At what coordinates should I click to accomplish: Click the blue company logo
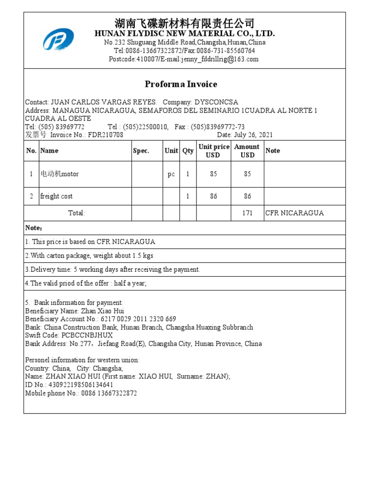tap(58, 40)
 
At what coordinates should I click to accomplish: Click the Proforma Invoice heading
tap(181, 84)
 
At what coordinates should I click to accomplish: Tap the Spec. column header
tap(141, 151)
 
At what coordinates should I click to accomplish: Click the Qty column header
tap(188, 151)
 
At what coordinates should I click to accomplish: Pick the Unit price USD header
tap(214, 151)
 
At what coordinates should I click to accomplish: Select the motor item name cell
tap(60, 174)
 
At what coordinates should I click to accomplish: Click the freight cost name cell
tap(56, 196)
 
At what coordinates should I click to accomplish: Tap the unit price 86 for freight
tap(214, 196)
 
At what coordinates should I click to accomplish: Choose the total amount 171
tap(247, 213)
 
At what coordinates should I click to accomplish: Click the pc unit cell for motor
tap(171, 174)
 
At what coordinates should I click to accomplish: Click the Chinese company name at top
tap(184, 23)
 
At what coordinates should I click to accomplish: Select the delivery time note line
tap(112, 269)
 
